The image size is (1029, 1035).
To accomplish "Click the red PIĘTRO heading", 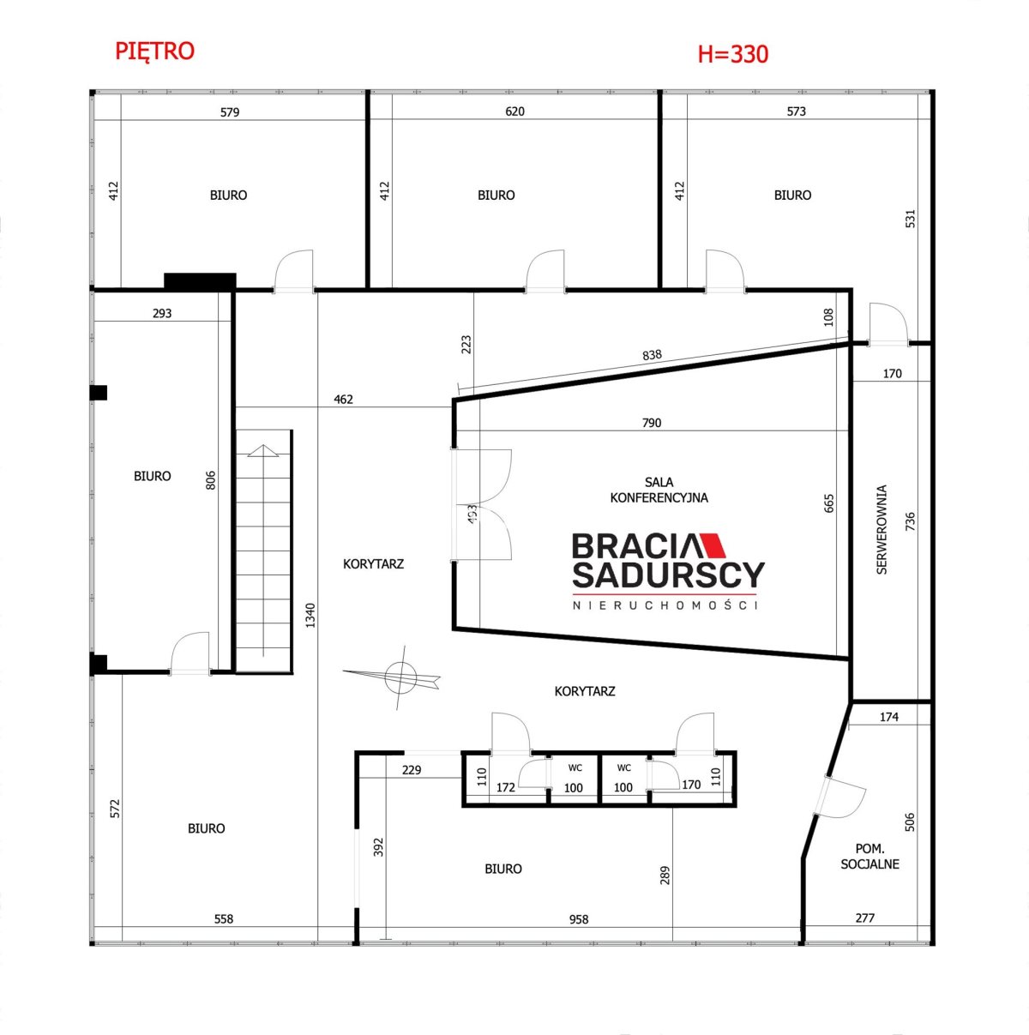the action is (x=154, y=51).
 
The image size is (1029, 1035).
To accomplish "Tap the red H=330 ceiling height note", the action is (x=733, y=54).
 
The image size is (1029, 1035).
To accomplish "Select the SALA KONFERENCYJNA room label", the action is (x=659, y=490).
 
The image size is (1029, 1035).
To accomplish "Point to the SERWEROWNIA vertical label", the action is (x=882, y=530).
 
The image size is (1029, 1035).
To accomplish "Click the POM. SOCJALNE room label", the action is (x=870, y=856).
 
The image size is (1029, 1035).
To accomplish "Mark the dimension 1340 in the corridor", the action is (x=310, y=616).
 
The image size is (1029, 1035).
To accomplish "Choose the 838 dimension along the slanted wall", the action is (x=652, y=355).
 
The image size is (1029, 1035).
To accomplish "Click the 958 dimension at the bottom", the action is (x=579, y=919).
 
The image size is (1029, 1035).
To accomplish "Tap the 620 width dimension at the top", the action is (x=514, y=111).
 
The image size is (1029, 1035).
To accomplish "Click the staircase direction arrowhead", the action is (x=262, y=451).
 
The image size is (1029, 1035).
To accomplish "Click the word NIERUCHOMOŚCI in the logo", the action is (x=665, y=605).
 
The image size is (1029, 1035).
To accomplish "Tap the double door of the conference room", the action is (x=481, y=505).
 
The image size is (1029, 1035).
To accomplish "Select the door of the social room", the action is (x=839, y=797).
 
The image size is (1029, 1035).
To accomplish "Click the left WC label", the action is (x=575, y=768).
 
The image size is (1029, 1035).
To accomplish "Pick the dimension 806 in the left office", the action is (x=211, y=480).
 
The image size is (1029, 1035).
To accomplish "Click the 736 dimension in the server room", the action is (x=910, y=521).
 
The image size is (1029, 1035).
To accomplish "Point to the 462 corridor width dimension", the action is (x=343, y=399).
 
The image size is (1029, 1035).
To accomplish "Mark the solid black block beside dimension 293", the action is (x=200, y=281).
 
